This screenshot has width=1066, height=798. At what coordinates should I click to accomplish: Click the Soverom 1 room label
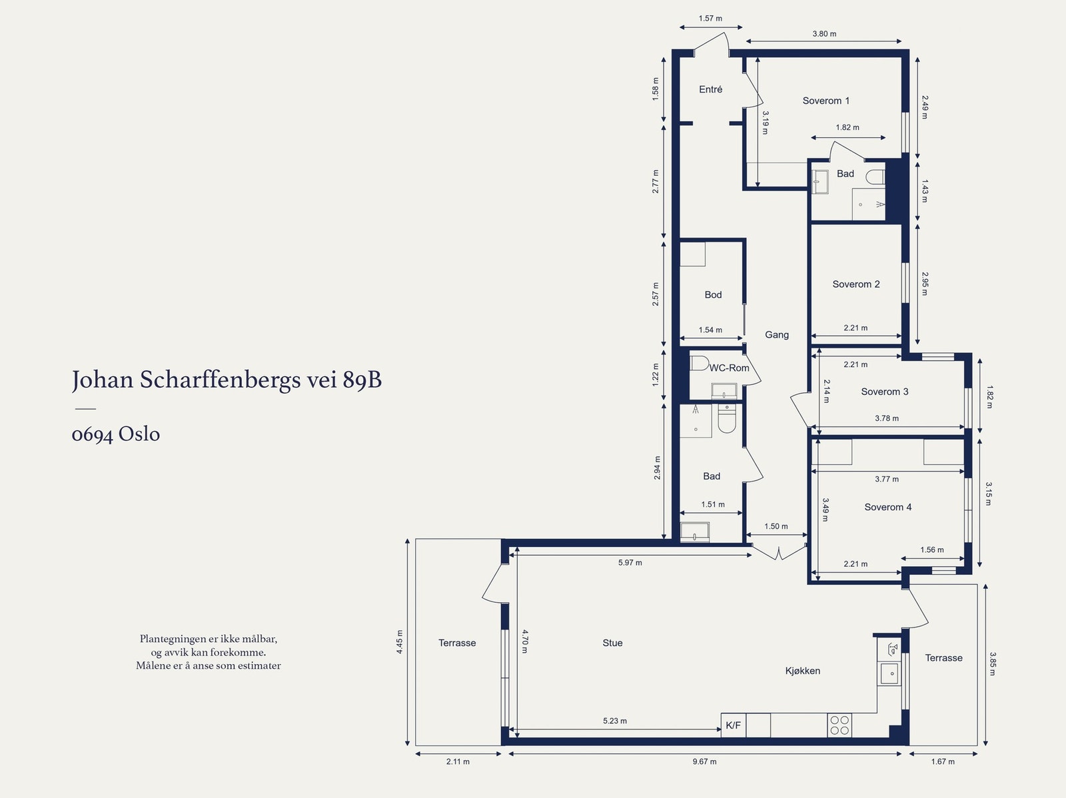825,101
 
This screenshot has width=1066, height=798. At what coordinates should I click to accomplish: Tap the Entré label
710,89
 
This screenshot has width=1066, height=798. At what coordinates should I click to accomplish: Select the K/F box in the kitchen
733,725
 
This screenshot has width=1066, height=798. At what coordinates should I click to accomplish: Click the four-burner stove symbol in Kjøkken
839,725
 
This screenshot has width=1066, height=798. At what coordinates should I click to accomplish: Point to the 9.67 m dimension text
704,761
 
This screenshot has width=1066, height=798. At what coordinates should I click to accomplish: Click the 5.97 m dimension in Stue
630,563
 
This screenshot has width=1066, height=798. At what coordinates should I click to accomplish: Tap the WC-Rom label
729,368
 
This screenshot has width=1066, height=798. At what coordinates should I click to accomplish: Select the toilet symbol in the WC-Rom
699,363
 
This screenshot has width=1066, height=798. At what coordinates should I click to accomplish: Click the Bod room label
713,294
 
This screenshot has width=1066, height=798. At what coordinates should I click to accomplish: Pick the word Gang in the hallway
777,334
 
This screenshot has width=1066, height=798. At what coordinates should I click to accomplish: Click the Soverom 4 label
887,507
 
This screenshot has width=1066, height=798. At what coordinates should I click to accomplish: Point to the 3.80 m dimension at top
824,34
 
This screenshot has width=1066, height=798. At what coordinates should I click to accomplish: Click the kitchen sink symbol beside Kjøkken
889,673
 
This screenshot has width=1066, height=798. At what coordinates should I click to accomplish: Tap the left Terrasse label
457,643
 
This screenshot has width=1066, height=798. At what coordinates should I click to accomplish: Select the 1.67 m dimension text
943,761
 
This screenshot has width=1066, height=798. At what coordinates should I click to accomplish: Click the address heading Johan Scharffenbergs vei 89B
227,380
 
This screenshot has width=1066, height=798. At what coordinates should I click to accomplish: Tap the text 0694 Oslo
116,434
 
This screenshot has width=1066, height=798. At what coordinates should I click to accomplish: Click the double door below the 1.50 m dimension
779,552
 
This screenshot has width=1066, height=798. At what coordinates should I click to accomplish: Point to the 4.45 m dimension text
400,642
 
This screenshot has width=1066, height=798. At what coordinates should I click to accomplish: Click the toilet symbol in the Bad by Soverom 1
875,177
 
